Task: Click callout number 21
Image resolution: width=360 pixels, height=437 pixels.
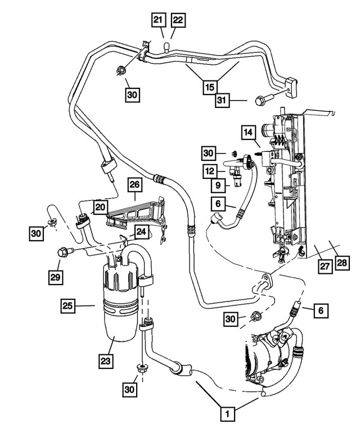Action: pyautogui.click(x=158, y=20)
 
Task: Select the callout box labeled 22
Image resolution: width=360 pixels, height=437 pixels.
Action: pyautogui.click(x=178, y=20)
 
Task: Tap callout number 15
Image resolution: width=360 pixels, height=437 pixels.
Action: pyautogui.click(x=210, y=88)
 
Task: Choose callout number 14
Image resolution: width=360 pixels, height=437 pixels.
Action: pyautogui.click(x=249, y=132)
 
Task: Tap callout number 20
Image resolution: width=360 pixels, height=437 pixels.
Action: pyautogui.click(x=100, y=208)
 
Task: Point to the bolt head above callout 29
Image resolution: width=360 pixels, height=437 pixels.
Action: pyautogui.click(x=61, y=253)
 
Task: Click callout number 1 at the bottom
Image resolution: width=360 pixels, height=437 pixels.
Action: pyautogui.click(x=227, y=415)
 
